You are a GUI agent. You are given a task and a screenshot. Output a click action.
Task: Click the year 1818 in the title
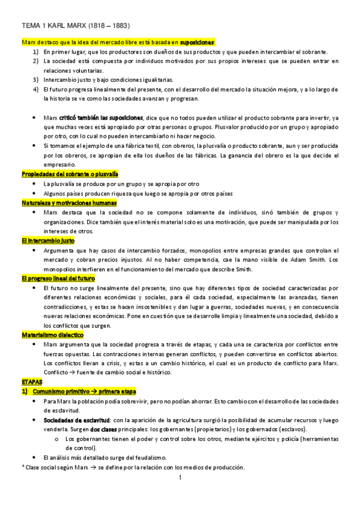tap(97, 26)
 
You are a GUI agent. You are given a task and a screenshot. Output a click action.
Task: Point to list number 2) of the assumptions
tap(36, 61)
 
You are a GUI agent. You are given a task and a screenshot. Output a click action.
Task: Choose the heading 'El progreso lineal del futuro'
tap(58, 279)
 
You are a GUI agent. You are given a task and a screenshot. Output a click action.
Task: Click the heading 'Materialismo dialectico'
tap(52, 334)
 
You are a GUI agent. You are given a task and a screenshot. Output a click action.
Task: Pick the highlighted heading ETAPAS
tap(32, 381)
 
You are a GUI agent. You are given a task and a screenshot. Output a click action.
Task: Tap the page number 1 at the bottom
tap(180, 478)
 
